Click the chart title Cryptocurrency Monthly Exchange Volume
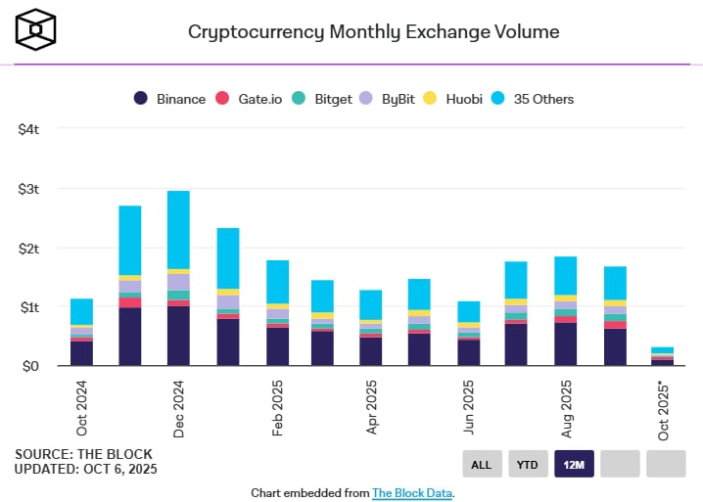click(x=373, y=31)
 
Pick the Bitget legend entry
click(x=325, y=99)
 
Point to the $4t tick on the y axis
click(x=27, y=129)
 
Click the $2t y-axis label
click(x=27, y=248)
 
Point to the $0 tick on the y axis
click(x=29, y=366)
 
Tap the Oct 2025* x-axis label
click(x=663, y=411)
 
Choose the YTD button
click(x=527, y=464)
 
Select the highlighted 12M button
click(x=574, y=464)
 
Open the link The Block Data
click(x=412, y=493)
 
